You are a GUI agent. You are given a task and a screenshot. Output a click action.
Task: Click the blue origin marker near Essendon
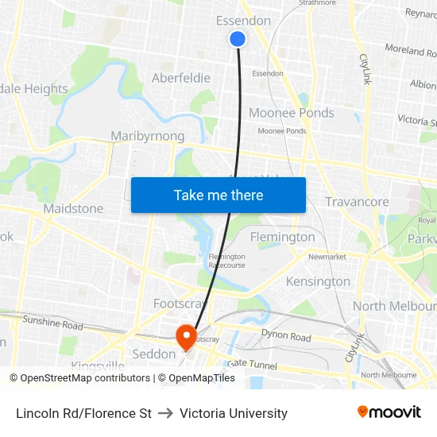237,38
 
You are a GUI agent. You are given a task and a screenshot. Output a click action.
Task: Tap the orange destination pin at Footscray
186,336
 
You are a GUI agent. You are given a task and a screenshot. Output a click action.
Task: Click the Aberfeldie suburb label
181,78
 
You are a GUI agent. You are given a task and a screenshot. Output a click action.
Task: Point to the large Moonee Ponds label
292,113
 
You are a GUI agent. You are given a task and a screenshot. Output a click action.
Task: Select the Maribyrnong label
148,136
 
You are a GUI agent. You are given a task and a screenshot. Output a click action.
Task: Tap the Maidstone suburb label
73,208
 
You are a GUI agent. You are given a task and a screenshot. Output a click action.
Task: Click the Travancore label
357,202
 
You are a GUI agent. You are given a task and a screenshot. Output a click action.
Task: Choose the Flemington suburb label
282,237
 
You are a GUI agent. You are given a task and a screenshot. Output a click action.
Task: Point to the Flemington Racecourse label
226,261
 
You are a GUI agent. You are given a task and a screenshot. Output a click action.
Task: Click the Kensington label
318,281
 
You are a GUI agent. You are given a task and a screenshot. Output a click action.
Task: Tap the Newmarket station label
327,257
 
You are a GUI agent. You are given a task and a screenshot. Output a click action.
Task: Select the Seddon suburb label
153,354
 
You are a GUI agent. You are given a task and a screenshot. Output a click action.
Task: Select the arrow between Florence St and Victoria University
165,413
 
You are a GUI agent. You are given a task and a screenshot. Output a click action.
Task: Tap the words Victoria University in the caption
234,413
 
